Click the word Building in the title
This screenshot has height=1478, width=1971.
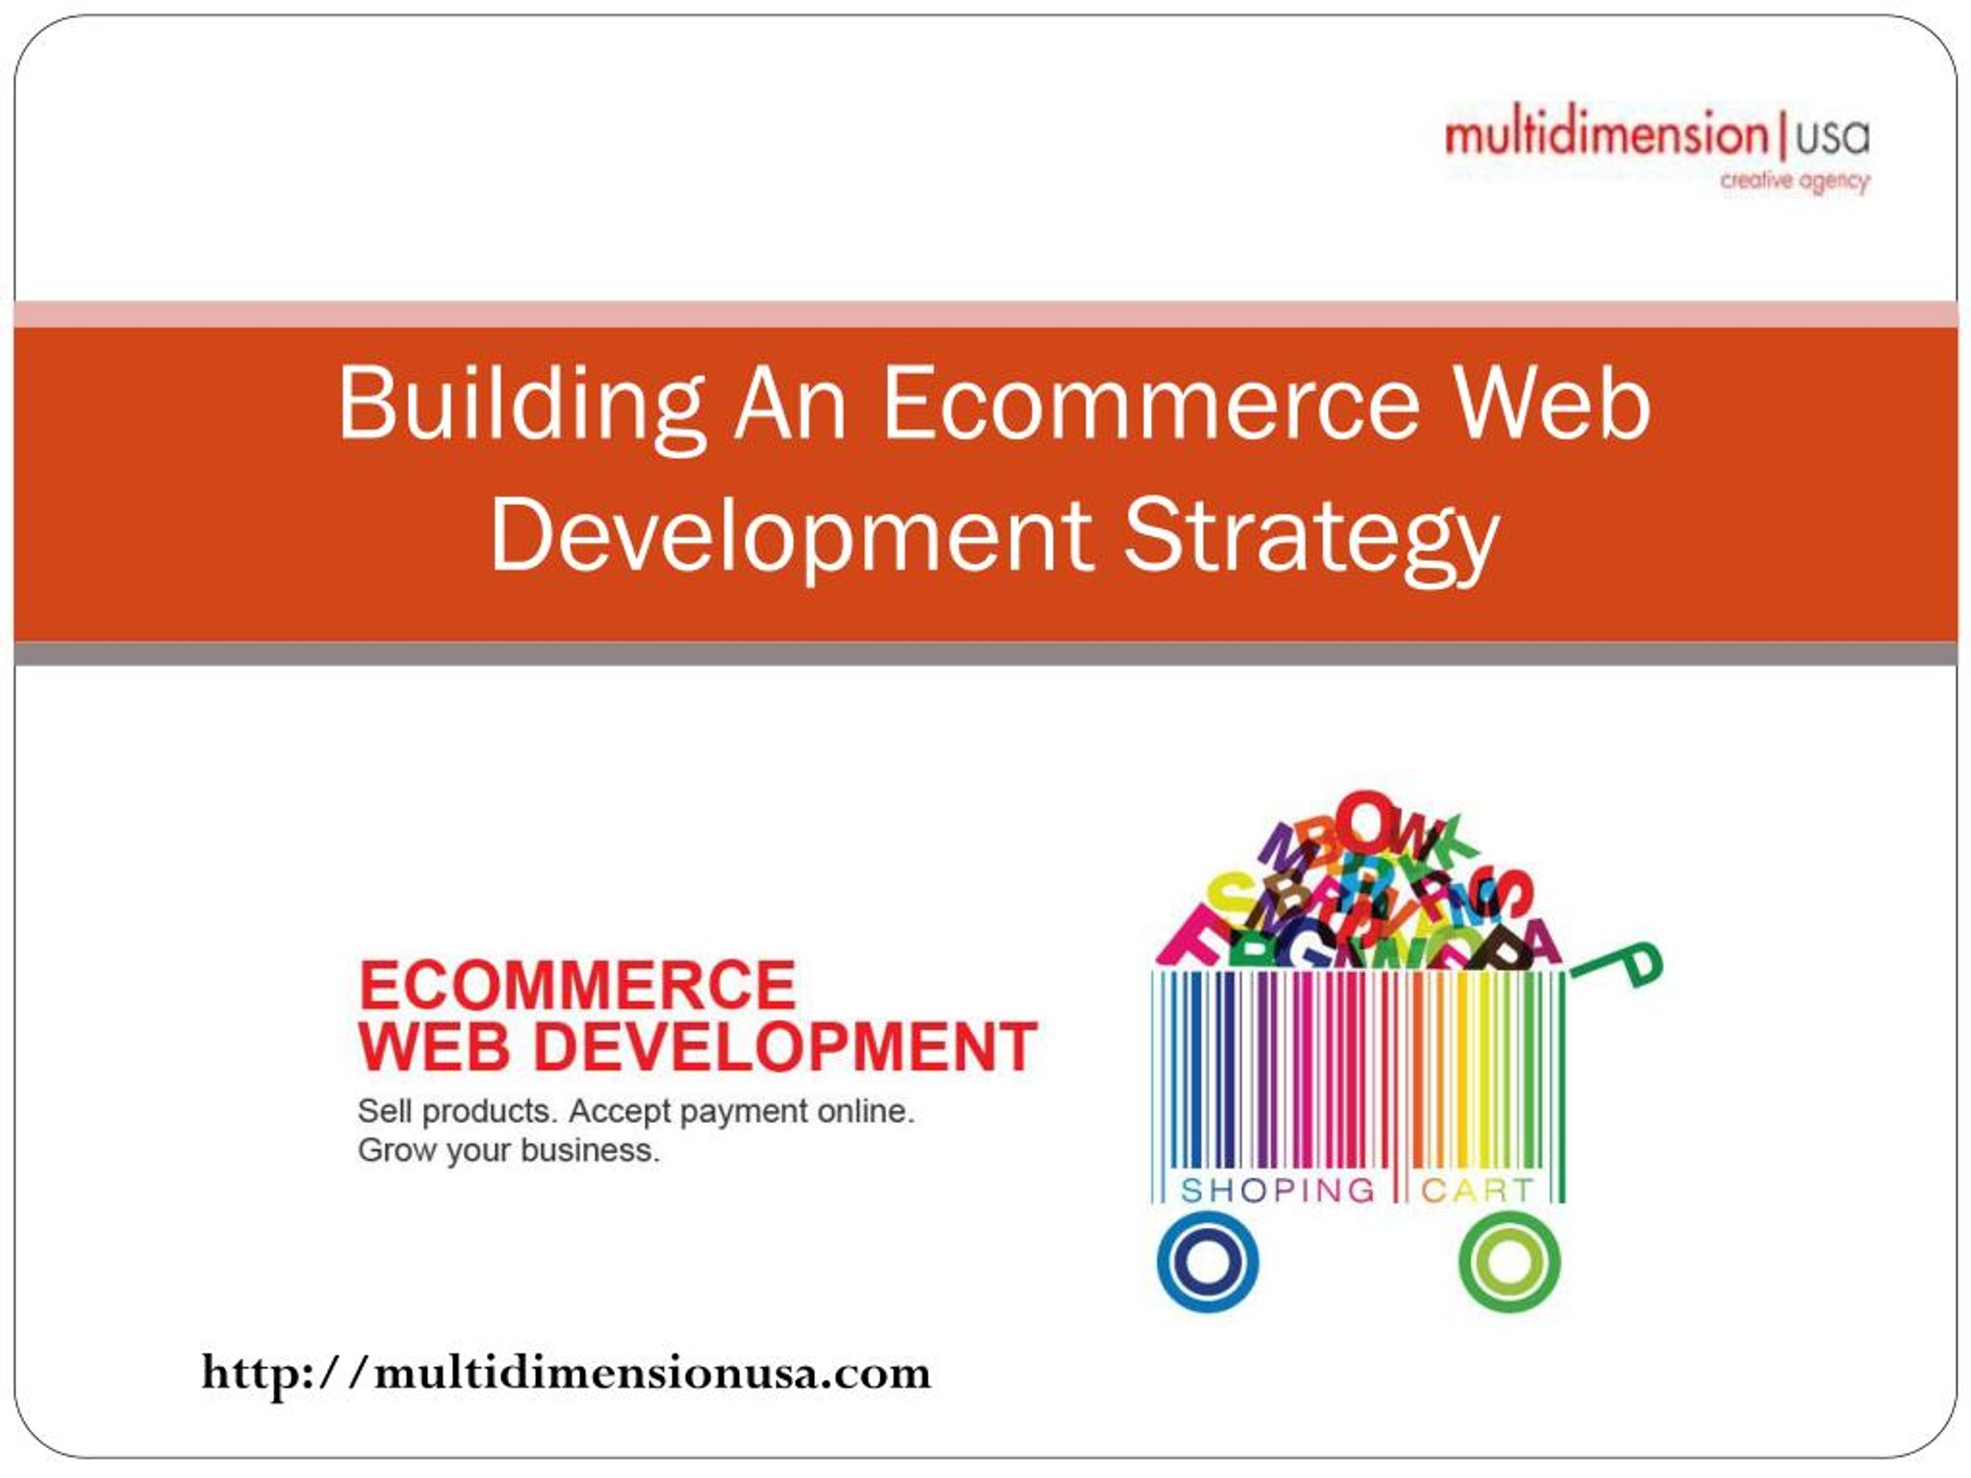coord(521,406)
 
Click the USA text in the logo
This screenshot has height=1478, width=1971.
coord(1833,137)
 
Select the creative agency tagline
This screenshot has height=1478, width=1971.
coord(1795,182)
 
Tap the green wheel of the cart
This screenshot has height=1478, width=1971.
coord(1510,1262)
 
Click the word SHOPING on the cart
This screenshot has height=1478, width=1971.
coord(1278,1190)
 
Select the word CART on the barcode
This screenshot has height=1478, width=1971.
coord(1477,1190)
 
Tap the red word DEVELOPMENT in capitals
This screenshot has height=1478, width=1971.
coord(784,1048)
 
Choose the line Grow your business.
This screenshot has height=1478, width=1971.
coord(509,1150)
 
